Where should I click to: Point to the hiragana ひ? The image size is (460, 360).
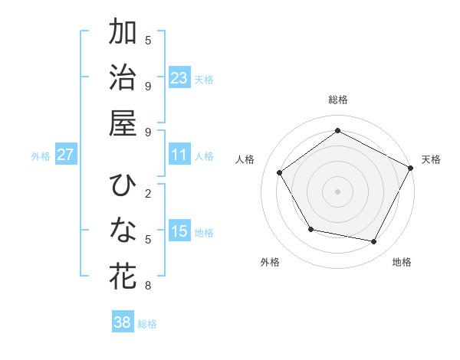123,185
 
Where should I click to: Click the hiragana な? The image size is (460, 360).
123,230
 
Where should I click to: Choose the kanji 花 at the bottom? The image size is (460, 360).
123,275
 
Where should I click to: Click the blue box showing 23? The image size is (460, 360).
179,77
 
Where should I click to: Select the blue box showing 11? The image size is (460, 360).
179,155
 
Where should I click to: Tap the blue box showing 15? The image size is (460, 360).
179,231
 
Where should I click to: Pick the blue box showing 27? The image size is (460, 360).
66,155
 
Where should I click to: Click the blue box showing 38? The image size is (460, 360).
123,322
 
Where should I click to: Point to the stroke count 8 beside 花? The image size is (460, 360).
148,286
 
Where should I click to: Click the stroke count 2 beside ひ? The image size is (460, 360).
148,193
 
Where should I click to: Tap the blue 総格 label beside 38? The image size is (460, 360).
147,324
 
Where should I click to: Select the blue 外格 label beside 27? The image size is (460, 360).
41,156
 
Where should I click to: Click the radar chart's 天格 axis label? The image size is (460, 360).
431,159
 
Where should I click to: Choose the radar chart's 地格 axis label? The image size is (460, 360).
402,262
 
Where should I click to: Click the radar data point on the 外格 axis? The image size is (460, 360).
310,229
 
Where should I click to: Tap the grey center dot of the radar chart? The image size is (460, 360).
337,191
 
